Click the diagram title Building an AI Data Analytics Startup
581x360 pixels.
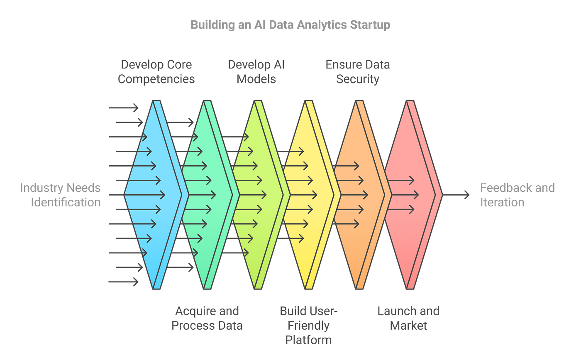[x=290, y=25]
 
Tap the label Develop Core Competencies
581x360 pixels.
[x=156, y=72]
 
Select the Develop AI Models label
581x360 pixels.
[x=256, y=72]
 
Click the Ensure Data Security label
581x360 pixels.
[x=357, y=72]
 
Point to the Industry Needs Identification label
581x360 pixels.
[x=61, y=195]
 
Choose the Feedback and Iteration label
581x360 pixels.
[x=517, y=195]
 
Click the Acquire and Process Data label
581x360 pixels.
[x=207, y=318]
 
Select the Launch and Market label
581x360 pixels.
[x=408, y=318]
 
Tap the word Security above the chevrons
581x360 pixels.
[x=358, y=79]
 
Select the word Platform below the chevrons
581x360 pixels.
[x=308, y=340]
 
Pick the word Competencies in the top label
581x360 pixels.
[x=156, y=79]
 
